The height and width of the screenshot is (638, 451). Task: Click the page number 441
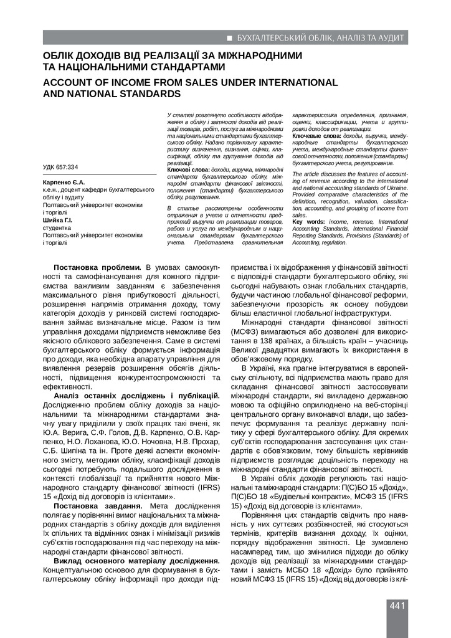pyautogui.click(x=398, y=606)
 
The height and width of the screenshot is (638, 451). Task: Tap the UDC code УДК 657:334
pyautogui.click(x=60, y=167)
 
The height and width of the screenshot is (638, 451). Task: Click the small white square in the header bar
pyautogui.click(x=230, y=38)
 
